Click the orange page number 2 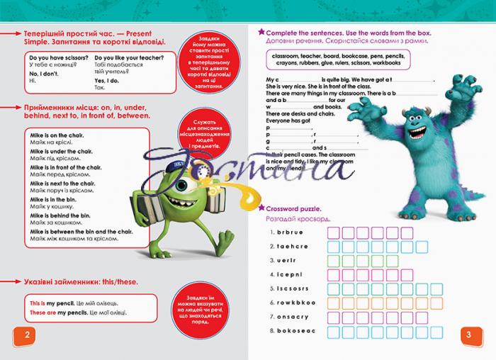[x=26, y=334]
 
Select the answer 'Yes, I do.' [x=106, y=81]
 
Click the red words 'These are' [x=43, y=313]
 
